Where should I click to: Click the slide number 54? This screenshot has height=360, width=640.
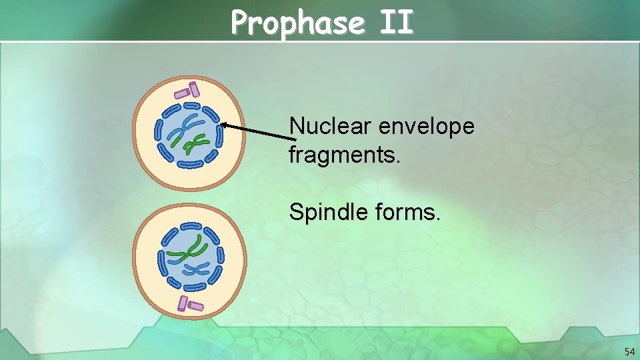pos(629,351)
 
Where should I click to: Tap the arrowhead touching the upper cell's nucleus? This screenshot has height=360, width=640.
pos(225,124)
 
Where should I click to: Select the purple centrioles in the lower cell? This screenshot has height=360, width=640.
pos(189,305)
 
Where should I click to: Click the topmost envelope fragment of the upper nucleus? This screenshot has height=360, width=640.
pos(193,105)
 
